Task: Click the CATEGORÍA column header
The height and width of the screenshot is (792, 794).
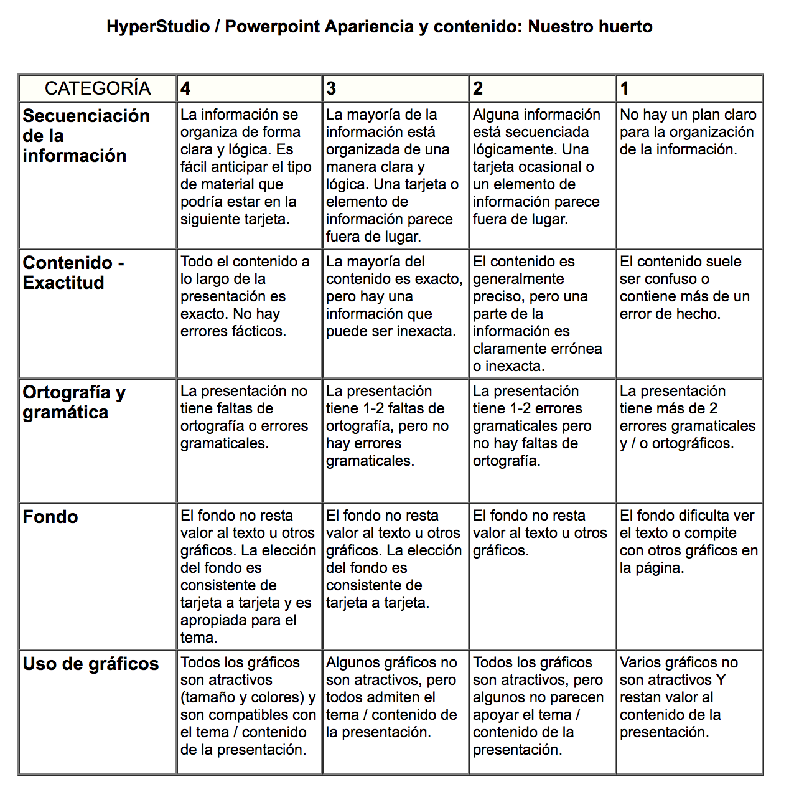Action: click(x=98, y=88)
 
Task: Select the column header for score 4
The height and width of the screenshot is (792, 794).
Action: click(x=185, y=88)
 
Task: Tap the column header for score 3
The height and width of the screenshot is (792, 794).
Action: click(x=331, y=88)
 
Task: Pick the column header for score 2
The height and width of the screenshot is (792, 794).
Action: click(x=478, y=88)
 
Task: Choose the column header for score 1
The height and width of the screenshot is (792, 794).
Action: click(x=625, y=88)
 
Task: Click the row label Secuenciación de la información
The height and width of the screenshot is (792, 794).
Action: click(x=86, y=136)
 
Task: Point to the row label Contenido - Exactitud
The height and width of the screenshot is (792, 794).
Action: click(x=73, y=273)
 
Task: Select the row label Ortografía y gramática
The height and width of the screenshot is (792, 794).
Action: click(x=74, y=402)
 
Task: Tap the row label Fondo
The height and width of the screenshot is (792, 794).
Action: click(x=50, y=517)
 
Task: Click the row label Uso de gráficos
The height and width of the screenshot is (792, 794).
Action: click(x=91, y=664)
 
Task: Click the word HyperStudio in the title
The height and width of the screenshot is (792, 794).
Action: click(x=158, y=27)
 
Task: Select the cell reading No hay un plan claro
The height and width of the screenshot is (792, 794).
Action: click(x=688, y=132)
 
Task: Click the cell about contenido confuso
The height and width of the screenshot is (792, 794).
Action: click(x=684, y=288)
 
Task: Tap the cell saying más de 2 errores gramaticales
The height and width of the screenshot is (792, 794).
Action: click(x=687, y=417)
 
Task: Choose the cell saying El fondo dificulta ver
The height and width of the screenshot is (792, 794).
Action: click(x=688, y=542)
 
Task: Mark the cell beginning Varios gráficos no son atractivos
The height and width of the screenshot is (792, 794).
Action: click(x=678, y=697)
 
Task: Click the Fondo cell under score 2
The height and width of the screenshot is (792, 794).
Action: click(x=539, y=533)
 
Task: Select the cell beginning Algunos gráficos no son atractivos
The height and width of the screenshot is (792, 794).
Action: click(x=391, y=697)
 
